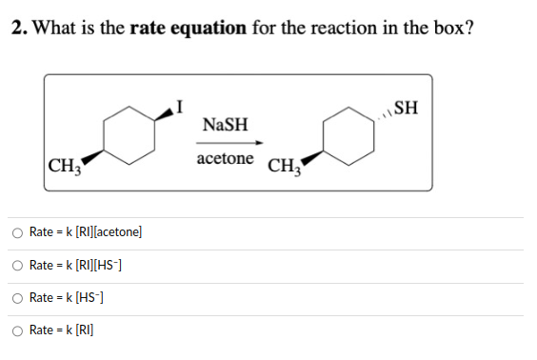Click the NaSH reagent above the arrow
[226, 125]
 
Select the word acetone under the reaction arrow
[226, 158]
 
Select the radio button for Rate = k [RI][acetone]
[18, 231]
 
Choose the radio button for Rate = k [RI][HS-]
[18, 265]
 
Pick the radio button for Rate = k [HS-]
[18, 297]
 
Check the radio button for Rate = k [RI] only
[18, 330]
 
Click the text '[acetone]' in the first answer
[116, 231]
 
